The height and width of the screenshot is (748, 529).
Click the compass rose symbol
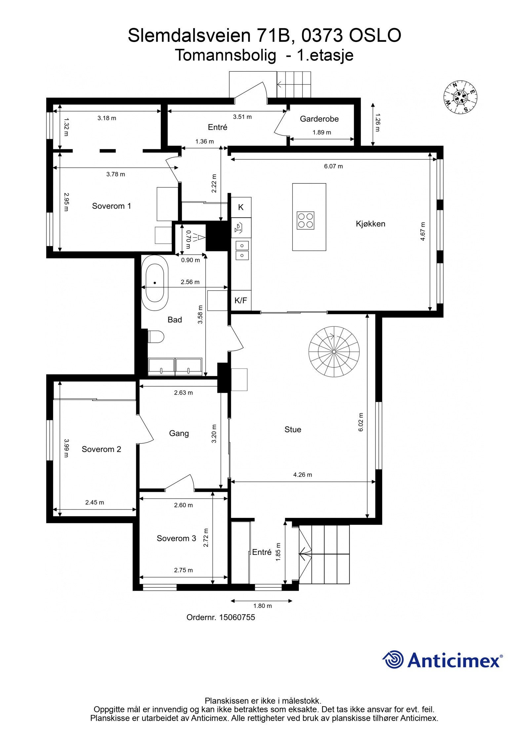tap(460, 97)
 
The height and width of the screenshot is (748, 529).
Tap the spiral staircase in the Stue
tap(334, 351)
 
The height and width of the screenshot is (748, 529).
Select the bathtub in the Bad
tap(154, 283)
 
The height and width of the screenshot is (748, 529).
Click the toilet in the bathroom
tap(156, 337)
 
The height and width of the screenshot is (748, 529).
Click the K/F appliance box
tap(240, 300)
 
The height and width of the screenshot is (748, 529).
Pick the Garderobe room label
tap(319, 119)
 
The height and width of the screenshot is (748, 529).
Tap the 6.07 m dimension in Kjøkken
tap(333, 166)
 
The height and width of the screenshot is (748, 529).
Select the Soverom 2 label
tap(101, 449)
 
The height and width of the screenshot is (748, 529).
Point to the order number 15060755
tap(237, 617)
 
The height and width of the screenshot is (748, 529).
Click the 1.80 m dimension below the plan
tap(262, 606)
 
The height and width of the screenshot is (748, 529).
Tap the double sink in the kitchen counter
tap(242, 250)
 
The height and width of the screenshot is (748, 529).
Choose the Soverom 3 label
tap(176, 538)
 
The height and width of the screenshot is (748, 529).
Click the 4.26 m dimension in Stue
tap(302, 475)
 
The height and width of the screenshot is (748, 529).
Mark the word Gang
tap(179, 433)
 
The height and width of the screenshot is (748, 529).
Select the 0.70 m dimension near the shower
tap(188, 239)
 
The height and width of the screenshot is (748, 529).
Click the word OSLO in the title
tap(375, 36)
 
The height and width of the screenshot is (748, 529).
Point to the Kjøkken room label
tap(370, 224)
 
